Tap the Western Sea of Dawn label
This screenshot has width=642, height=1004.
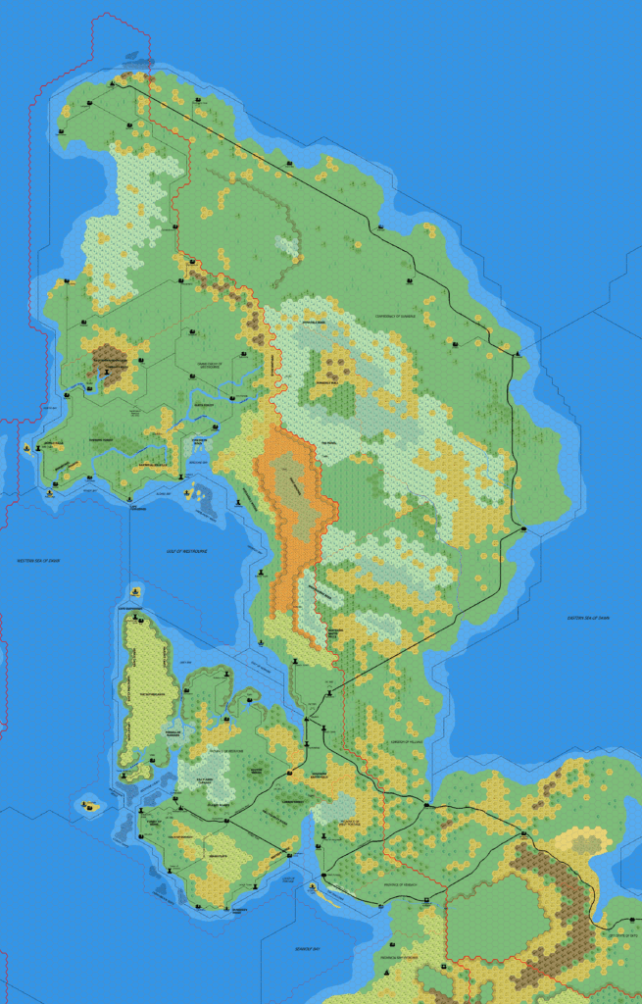[x=38, y=561]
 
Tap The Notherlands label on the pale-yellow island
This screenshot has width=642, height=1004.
[x=154, y=693]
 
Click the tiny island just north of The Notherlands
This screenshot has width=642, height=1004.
[x=134, y=592]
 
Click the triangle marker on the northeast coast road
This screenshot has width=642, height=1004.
[x=518, y=350]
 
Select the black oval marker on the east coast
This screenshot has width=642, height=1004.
[x=524, y=530]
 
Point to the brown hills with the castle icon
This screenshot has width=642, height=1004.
[x=108, y=361]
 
